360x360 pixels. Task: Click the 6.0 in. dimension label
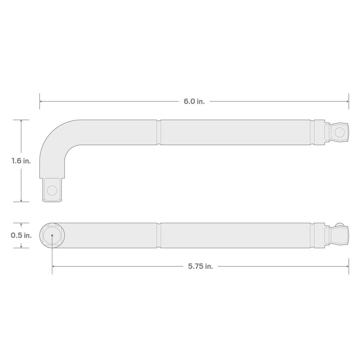click(x=194, y=102)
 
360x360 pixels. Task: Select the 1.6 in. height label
click(x=21, y=161)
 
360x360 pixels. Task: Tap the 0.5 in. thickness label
click(x=21, y=236)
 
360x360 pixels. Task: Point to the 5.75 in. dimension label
click(x=200, y=267)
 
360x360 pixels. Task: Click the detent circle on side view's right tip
click(x=339, y=132)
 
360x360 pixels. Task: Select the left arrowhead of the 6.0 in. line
click(x=41, y=102)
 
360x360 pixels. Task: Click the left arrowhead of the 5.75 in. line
click(x=54, y=267)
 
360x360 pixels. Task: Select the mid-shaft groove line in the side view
click(x=159, y=132)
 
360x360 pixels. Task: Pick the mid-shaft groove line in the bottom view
click(x=159, y=235)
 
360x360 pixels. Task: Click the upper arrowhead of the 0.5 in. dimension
click(x=21, y=225)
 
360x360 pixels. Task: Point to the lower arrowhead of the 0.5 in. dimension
click(x=21, y=246)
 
